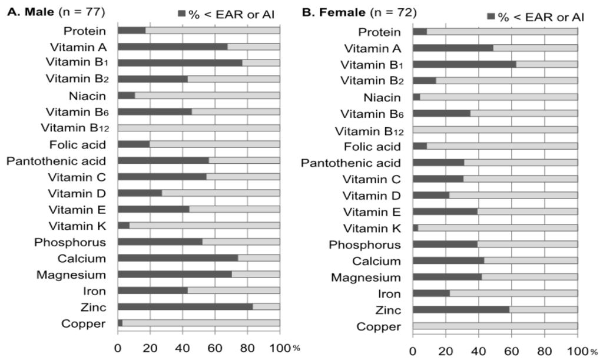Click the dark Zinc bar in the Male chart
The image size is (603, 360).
(x=185, y=306)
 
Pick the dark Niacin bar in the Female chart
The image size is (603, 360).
(x=416, y=97)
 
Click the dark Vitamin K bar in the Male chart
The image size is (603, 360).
(x=124, y=225)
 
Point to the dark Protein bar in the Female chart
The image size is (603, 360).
(x=420, y=32)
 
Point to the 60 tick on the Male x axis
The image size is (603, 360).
(x=215, y=347)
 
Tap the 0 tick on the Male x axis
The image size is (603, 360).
(x=118, y=347)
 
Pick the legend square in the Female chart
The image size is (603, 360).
(x=491, y=16)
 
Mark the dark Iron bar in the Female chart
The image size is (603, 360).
(x=431, y=293)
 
